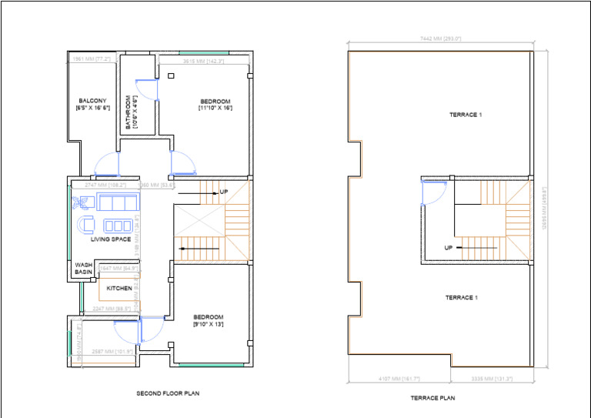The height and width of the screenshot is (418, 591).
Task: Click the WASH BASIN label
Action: click(x=84, y=269)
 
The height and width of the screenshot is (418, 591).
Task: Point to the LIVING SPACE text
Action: click(x=110, y=239)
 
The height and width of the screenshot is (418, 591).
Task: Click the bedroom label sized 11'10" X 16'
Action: click(x=215, y=105)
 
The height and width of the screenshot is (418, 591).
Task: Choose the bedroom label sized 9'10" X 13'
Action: click(x=208, y=321)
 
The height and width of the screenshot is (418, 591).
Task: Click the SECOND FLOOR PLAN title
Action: click(x=168, y=393)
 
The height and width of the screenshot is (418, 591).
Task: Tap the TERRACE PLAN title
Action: click(x=432, y=398)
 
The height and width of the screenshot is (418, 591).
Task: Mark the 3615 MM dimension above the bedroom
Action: click(x=203, y=61)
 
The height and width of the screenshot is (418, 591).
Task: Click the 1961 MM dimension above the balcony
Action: click(x=92, y=59)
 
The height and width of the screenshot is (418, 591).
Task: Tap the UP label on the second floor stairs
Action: click(x=224, y=192)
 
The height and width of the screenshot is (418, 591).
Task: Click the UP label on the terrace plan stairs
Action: click(x=447, y=248)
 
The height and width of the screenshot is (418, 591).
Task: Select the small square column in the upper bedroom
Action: click(x=170, y=75)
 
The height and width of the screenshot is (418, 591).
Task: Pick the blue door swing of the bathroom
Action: click(x=147, y=90)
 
